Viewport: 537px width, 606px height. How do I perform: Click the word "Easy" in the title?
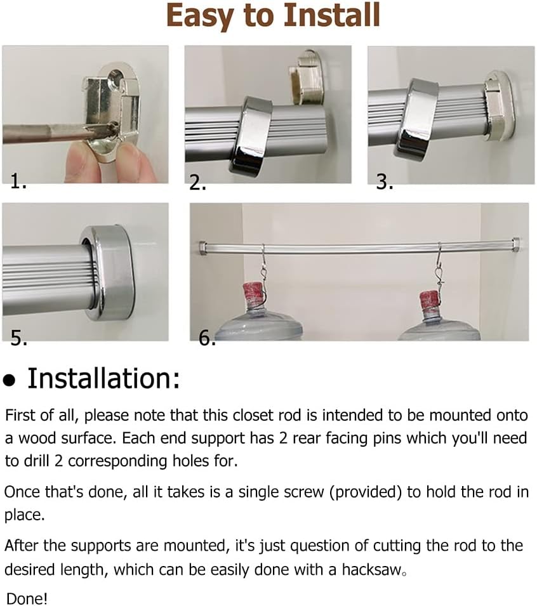(x=201, y=17)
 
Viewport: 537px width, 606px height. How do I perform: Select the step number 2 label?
(x=198, y=183)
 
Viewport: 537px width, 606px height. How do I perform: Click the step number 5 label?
(x=18, y=338)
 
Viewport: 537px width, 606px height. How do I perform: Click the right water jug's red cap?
(x=430, y=298)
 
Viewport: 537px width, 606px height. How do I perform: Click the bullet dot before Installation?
(x=9, y=381)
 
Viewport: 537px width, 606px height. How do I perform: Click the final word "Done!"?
(x=27, y=597)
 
